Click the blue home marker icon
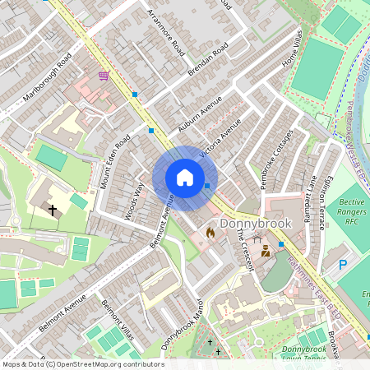coord(185,178)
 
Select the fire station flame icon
coord(210,234)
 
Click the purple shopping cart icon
coord(104,76)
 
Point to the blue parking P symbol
coord(343,265)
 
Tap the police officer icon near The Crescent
coord(265,252)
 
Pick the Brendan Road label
coord(209,63)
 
